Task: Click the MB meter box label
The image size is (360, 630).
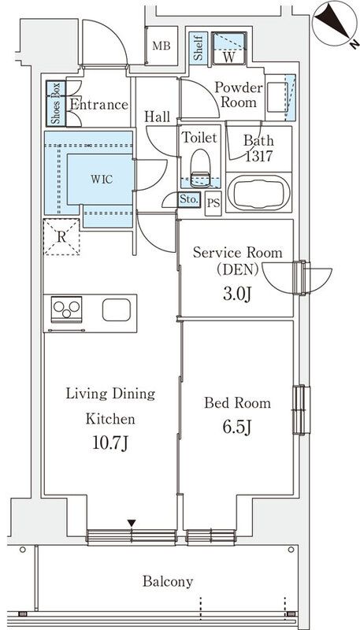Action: pos(161,46)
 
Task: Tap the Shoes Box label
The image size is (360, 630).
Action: pos(56,104)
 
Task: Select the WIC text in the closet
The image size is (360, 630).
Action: pos(102,180)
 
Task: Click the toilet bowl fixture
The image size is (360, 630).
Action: pos(200,168)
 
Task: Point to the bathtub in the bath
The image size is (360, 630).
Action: pos(258,192)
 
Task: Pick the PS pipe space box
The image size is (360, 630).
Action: pos(213,203)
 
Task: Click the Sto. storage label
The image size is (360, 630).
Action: pos(189,199)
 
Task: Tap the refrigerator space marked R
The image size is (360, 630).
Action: pos(61,237)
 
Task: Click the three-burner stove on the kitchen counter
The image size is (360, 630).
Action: pos(67,309)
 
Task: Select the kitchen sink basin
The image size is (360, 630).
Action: pos(117,309)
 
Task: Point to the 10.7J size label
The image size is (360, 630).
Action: pos(110,443)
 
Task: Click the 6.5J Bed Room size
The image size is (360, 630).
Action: pos(237,428)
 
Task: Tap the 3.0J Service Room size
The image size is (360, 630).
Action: pos(237,294)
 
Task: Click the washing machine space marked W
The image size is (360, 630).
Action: pos(228,48)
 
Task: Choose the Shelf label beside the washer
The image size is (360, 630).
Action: pos(198,49)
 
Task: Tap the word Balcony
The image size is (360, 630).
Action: pos(168,581)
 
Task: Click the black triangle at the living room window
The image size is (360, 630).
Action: pos(132,523)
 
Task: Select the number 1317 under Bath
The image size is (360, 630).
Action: pos(258,156)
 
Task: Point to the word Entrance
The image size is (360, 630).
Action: pos(98,105)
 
